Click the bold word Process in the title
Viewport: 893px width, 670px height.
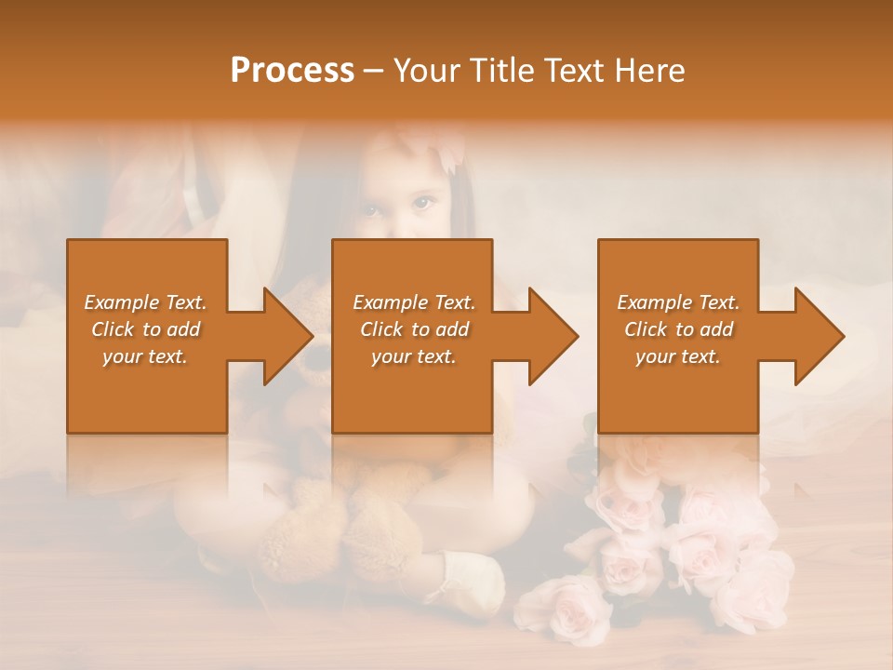tap(292, 71)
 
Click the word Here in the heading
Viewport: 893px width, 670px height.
tap(648, 71)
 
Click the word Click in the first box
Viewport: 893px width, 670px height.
tap(112, 329)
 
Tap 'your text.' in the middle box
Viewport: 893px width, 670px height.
tap(414, 356)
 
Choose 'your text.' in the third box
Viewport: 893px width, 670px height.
tap(678, 356)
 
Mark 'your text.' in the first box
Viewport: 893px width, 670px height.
tap(145, 356)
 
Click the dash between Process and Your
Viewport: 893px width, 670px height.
tap(374, 72)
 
